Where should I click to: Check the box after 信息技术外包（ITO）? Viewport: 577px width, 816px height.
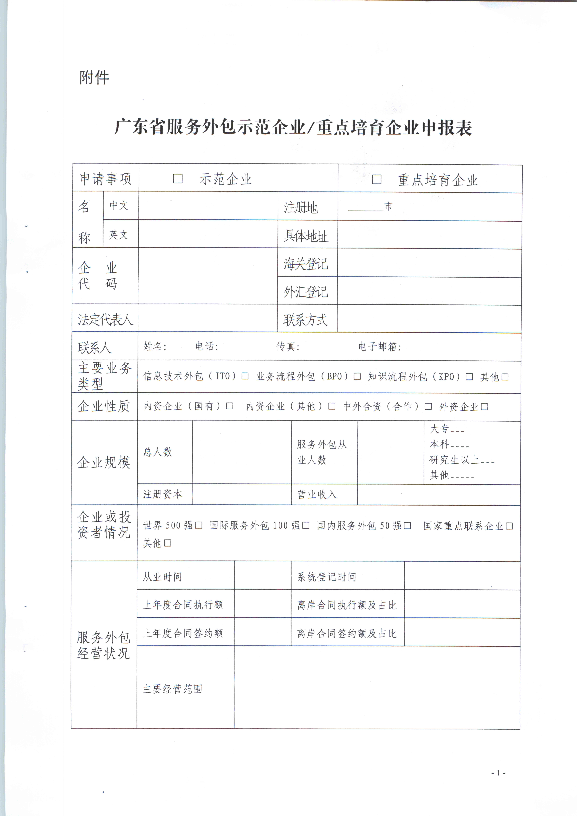[245, 376]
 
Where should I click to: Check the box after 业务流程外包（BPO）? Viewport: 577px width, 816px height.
[357, 376]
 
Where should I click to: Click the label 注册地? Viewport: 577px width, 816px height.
[300, 207]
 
